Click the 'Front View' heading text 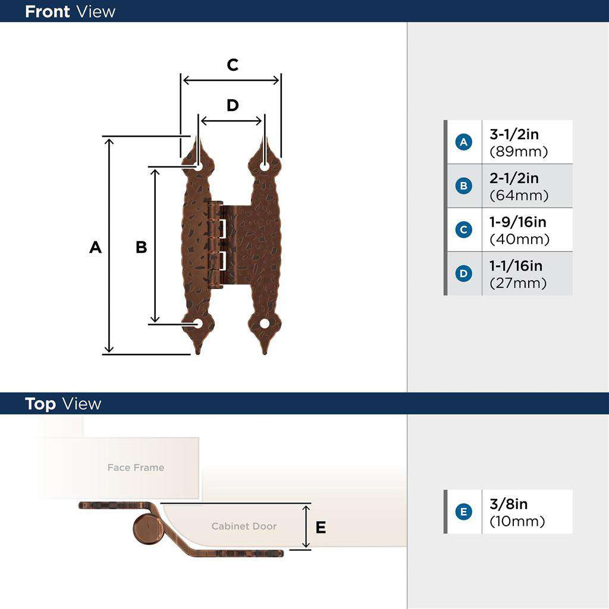(70, 11)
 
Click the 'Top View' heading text (63, 404)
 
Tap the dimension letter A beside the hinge (95, 247)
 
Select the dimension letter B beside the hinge (141, 247)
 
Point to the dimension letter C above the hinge (233, 65)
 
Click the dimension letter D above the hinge (233, 105)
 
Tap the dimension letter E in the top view (321, 528)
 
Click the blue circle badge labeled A (463, 142)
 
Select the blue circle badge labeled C (463, 230)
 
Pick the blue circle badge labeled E (463, 512)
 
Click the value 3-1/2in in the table (514, 134)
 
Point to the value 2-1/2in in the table (514, 178)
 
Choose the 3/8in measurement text (508, 504)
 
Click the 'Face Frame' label (136, 467)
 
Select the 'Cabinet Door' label (244, 526)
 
